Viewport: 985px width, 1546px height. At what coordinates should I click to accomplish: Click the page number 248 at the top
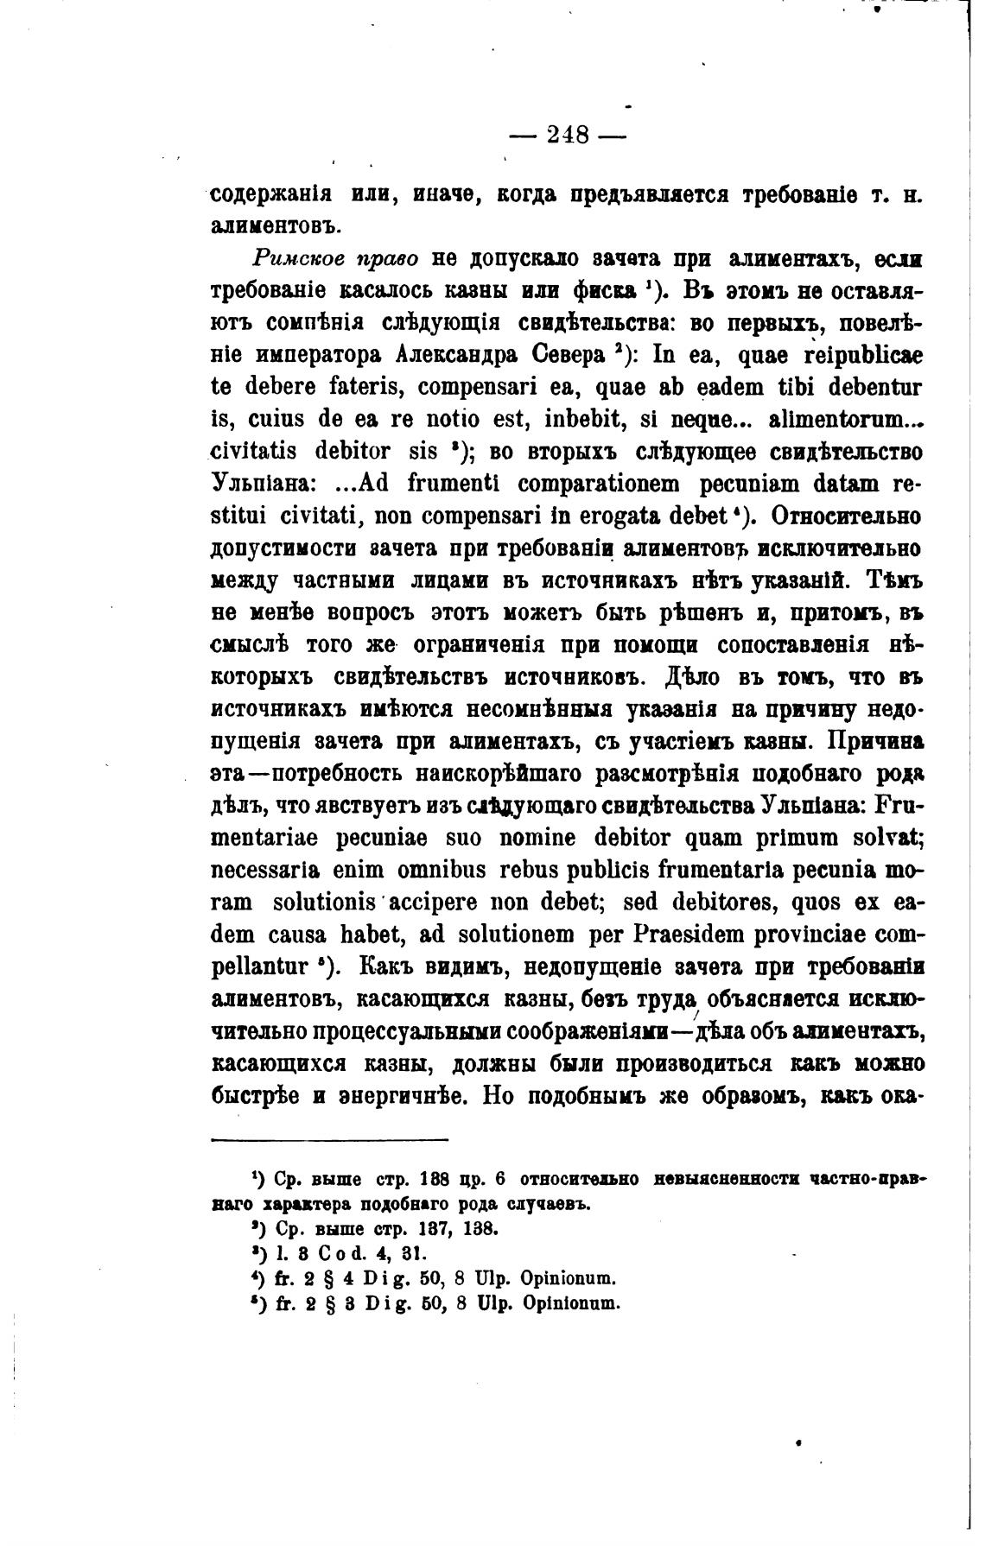point(568,135)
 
